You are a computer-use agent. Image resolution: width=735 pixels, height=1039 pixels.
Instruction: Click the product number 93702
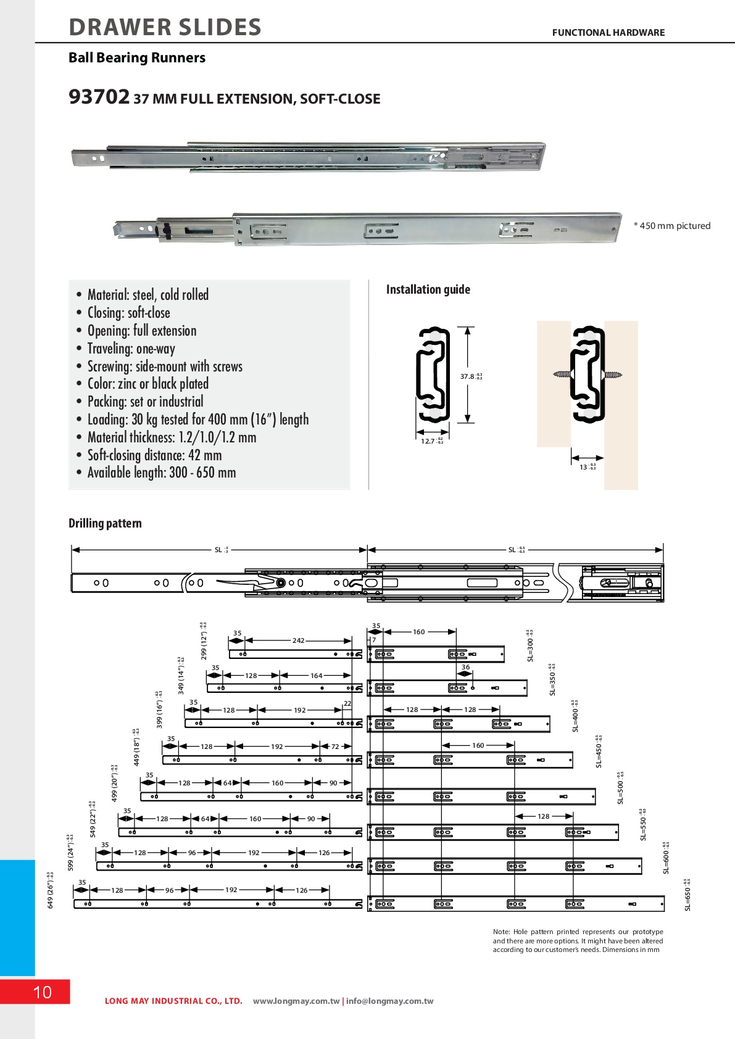click(x=99, y=97)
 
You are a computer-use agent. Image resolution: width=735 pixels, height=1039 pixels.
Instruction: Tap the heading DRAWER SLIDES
click(x=165, y=27)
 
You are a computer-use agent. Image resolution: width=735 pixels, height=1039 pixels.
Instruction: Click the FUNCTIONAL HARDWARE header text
click(x=608, y=33)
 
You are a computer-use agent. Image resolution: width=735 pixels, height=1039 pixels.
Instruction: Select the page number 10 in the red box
click(x=42, y=992)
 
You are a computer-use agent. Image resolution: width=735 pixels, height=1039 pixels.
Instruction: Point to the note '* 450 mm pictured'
click(x=672, y=226)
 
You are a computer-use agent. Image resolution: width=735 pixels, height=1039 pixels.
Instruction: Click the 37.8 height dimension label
click(x=468, y=376)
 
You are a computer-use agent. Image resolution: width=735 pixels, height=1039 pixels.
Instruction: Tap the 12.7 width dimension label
click(x=428, y=441)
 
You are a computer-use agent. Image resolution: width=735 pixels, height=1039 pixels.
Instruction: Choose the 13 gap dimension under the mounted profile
click(x=584, y=467)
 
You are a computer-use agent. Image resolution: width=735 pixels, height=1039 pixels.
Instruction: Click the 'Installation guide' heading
click(x=428, y=289)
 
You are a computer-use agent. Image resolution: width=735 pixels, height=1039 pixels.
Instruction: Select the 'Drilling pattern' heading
click(x=105, y=523)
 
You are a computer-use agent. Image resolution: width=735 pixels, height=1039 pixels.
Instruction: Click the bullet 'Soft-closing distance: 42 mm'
click(x=154, y=455)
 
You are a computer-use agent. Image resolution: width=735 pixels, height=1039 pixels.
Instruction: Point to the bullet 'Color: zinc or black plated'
click(x=147, y=383)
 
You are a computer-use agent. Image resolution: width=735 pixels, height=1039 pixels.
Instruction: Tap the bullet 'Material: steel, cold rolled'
click(x=147, y=294)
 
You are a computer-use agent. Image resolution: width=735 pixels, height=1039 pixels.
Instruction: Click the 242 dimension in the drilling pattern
click(x=298, y=640)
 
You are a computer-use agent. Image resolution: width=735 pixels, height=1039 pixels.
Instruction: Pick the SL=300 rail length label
click(x=530, y=647)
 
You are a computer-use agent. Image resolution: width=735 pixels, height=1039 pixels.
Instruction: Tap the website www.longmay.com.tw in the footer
click(x=296, y=1001)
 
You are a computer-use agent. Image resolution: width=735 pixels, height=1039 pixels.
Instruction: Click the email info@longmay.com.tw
click(x=389, y=1001)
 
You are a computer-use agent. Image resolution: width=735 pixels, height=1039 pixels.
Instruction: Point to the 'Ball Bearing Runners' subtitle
click(x=136, y=58)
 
